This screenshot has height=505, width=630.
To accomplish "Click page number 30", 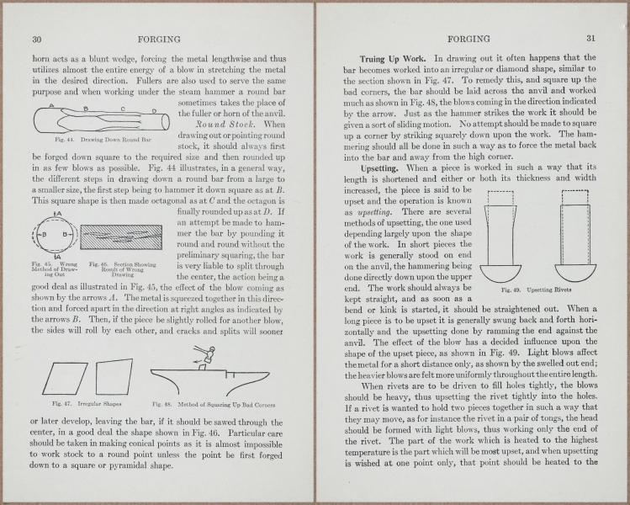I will click(37, 39).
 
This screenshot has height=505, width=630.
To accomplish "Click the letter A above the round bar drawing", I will click(53, 105).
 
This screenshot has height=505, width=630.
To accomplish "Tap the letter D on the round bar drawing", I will click(154, 109).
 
